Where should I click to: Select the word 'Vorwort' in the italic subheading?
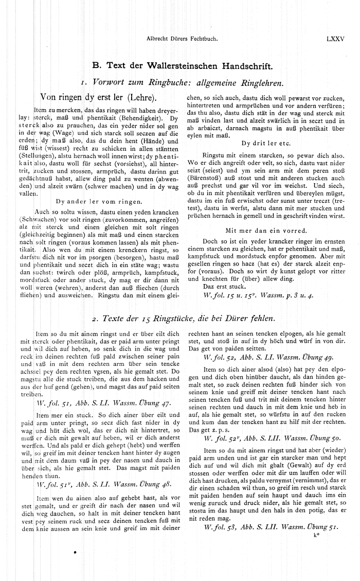[111, 81]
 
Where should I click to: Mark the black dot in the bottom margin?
[76, 553]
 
